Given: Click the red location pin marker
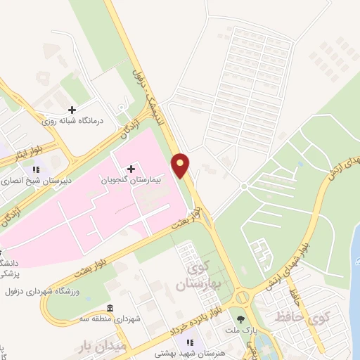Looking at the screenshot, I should pyautogui.click(x=181, y=165).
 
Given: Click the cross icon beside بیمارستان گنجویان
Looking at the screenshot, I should pyautogui.click(x=131, y=169).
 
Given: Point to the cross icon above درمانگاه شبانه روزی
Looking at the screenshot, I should pyautogui.click(x=72, y=110).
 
